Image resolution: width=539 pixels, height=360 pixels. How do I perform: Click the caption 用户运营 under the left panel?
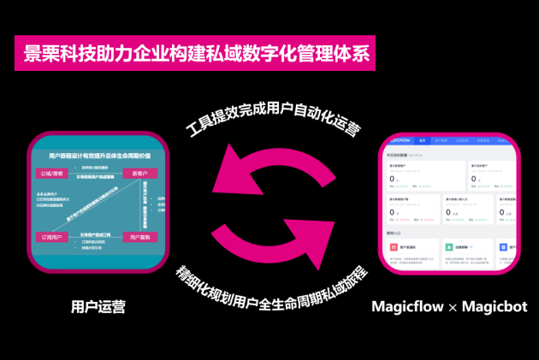(x=98, y=306)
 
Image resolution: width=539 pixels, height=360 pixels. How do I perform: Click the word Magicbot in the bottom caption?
(x=495, y=306)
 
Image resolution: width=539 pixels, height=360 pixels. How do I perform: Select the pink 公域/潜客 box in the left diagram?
(x=53, y=174)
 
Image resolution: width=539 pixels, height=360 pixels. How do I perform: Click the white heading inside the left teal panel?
(x=99, y=155)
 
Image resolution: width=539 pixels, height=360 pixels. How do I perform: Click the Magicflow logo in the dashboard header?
(x=394, y=140)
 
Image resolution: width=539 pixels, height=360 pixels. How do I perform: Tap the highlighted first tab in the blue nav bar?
(x=422, y=140)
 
